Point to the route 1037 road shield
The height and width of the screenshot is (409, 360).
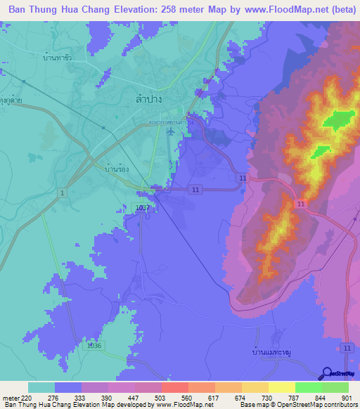pos(140,209)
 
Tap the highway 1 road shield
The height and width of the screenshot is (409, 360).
pos(63,193)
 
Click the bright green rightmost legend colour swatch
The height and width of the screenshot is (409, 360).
pos(335,387)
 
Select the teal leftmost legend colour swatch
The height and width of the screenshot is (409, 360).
pos(41,387)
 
